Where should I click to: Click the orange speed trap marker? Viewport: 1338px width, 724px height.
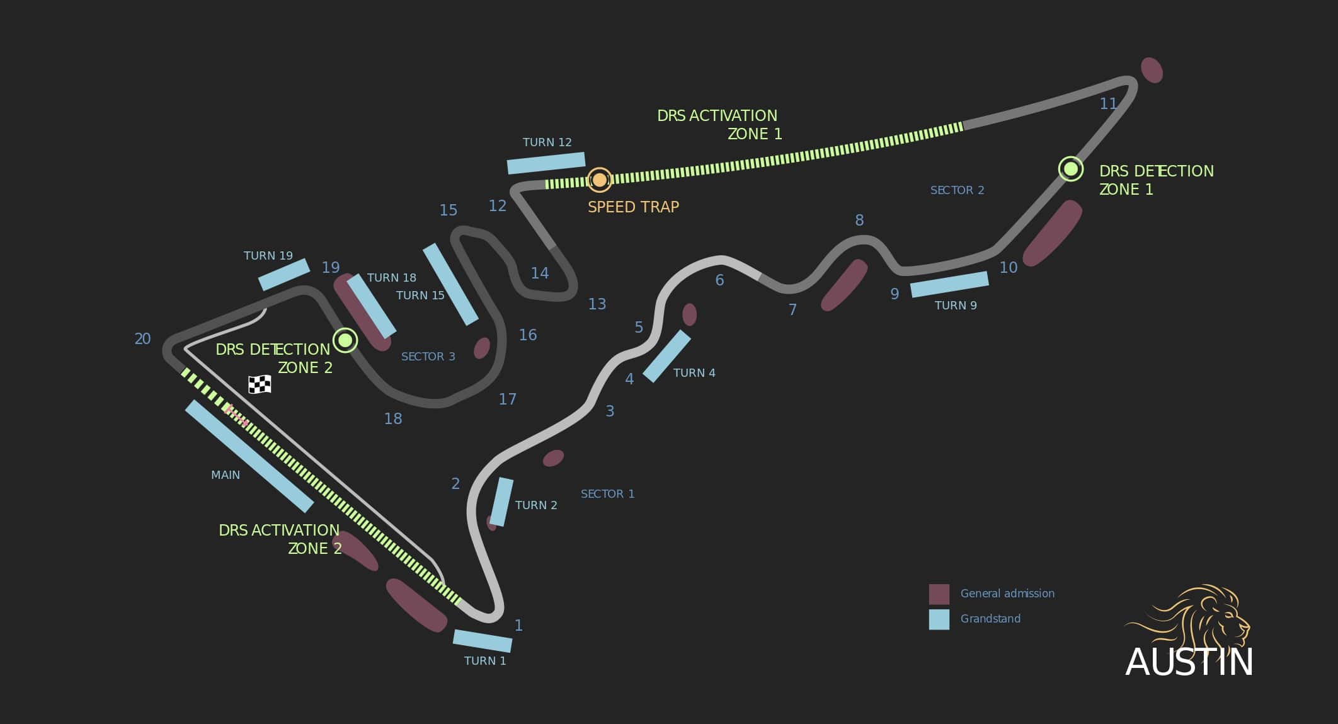point(599,180)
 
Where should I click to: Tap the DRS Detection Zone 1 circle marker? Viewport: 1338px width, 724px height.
point(1070,169)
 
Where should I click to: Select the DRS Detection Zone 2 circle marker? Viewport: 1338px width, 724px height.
point(345,340)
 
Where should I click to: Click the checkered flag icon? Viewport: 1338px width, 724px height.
point(260,384)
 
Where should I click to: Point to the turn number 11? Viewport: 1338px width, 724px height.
point(1108,104)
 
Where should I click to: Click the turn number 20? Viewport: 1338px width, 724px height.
point(142,339)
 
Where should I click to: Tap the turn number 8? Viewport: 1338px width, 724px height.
point(859,221)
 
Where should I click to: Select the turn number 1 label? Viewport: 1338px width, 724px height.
point(518,626)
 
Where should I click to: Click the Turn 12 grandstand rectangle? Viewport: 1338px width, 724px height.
point(546,163)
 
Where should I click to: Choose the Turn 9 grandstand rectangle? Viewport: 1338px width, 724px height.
point(949,284)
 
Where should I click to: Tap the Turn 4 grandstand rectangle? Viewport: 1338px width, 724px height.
point(666,356)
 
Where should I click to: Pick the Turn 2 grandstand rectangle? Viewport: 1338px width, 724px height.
point(501,502)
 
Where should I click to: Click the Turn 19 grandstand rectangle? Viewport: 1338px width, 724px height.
point(284,275)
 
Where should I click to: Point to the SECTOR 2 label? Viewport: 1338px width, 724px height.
point(957,190)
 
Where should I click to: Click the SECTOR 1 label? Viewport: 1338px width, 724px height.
point(607,494)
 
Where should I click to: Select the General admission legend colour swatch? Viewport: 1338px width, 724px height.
point(939,594)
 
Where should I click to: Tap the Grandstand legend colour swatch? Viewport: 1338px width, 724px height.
point(939,619)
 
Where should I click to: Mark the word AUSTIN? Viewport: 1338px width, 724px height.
point(1189,662)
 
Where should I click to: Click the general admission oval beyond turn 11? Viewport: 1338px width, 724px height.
point(1152,70)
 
